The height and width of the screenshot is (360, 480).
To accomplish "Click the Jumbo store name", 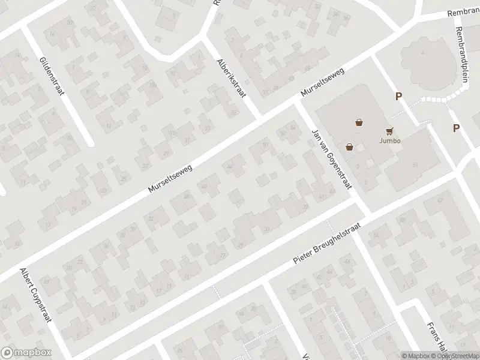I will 390,141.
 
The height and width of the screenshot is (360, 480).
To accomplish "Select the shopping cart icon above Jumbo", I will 390,130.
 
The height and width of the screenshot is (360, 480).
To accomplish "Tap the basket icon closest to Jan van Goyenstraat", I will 349,146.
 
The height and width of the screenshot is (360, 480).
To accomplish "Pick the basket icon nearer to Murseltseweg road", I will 359,123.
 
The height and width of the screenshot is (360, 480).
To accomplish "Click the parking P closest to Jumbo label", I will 398,96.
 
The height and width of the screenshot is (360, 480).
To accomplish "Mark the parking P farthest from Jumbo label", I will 456,128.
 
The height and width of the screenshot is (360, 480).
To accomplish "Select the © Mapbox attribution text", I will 416,356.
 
